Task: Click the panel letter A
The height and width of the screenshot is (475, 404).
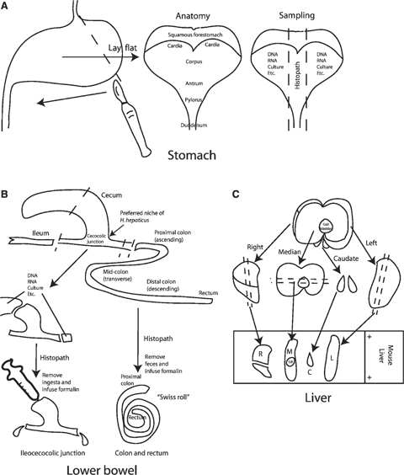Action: (6, 6)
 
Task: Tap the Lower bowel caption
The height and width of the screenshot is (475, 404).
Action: (100, 465)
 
